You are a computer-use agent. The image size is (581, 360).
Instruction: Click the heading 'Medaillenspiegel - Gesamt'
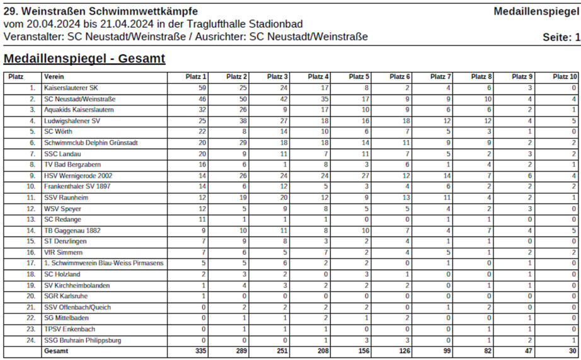84,59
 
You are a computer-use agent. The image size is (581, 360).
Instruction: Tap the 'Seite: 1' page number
561,37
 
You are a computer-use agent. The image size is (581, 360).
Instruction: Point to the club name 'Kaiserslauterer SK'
71,88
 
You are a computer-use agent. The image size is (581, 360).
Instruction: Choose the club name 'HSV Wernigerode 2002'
78,176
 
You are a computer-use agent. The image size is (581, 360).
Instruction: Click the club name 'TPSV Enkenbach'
69,329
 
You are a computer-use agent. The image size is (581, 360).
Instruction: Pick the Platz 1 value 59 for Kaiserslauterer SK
202,88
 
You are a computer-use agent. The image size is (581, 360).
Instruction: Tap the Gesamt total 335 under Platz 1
200,351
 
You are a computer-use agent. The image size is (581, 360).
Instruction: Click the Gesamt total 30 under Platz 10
572,351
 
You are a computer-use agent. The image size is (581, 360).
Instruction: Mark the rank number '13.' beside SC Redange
31,219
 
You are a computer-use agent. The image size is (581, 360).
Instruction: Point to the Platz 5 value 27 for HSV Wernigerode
365,176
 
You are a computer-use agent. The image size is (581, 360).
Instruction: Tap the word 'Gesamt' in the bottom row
57,351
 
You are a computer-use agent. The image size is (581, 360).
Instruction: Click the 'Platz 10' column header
565,77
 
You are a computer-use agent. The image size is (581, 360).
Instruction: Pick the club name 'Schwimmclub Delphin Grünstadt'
91,143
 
